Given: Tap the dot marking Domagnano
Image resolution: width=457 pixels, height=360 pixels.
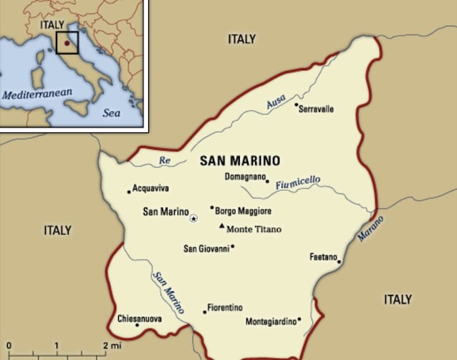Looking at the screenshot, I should (x=267, y=181).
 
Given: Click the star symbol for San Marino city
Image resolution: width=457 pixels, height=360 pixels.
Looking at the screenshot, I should (x=193, y=217).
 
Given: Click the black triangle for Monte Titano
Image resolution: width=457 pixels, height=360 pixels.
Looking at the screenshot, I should (x=221, y=225).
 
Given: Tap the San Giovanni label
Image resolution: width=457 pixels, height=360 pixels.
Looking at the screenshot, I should (x=206, y=248).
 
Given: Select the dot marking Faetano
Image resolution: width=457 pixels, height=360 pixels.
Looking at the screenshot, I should (x=339, y=261).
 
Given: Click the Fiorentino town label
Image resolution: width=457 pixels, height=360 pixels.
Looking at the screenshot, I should (x=224, y=308).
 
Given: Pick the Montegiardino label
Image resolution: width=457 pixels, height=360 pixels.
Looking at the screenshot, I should (x=270, y=321).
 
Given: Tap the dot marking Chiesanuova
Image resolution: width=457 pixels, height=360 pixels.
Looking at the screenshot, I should (x=137, y=325).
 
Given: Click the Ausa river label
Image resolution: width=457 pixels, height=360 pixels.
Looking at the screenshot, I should (x=276, y=104).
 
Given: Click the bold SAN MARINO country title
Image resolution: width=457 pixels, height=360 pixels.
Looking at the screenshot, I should (x=240, y=160).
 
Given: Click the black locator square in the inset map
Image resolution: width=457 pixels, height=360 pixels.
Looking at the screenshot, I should (x=67, y=42).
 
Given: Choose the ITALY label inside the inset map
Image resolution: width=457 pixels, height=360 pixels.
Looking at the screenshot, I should (x=52, y=25).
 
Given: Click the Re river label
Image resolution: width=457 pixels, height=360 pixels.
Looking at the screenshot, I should (x=165, y=160).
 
